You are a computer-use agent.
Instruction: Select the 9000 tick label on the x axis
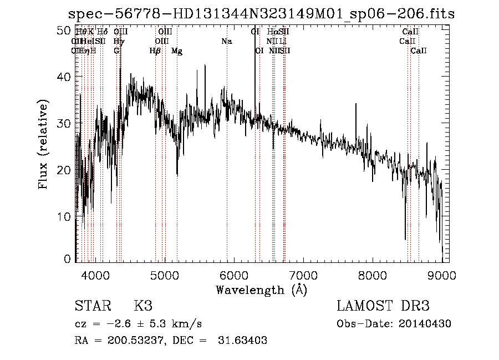[442, 274]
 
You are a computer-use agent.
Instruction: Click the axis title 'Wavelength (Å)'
[261, 290]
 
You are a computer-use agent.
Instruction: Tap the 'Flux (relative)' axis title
[43, 144]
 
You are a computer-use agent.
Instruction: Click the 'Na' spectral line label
[227, 42]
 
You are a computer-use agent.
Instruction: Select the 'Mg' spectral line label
[177, 51]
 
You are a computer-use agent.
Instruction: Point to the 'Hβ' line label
[155, 51]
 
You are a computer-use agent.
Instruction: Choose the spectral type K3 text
[143, 306]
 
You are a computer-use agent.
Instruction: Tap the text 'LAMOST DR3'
[383, 306]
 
